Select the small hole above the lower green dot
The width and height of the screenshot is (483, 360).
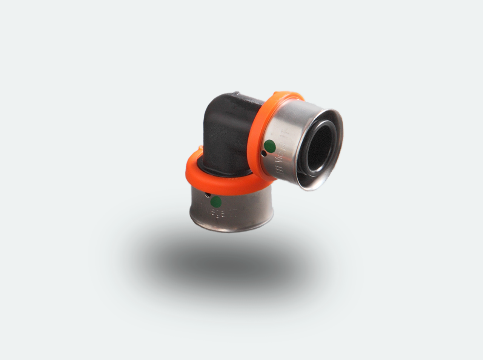point(208,195)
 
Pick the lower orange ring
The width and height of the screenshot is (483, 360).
point(196,177)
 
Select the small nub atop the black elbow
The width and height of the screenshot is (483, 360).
point(237,93)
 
